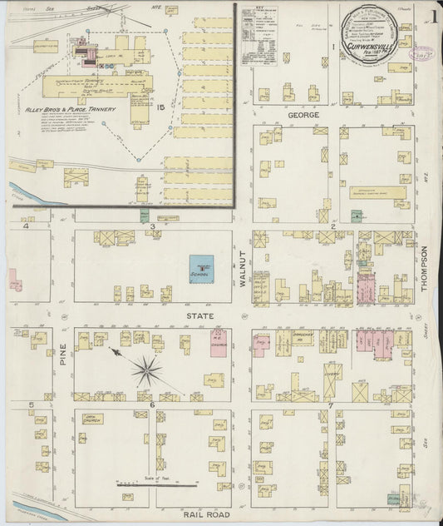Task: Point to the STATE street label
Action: pos(204,316)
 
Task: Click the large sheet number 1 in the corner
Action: pos(436,14)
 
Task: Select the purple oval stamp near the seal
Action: pos(423,52)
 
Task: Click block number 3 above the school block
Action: pos(152,226)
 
